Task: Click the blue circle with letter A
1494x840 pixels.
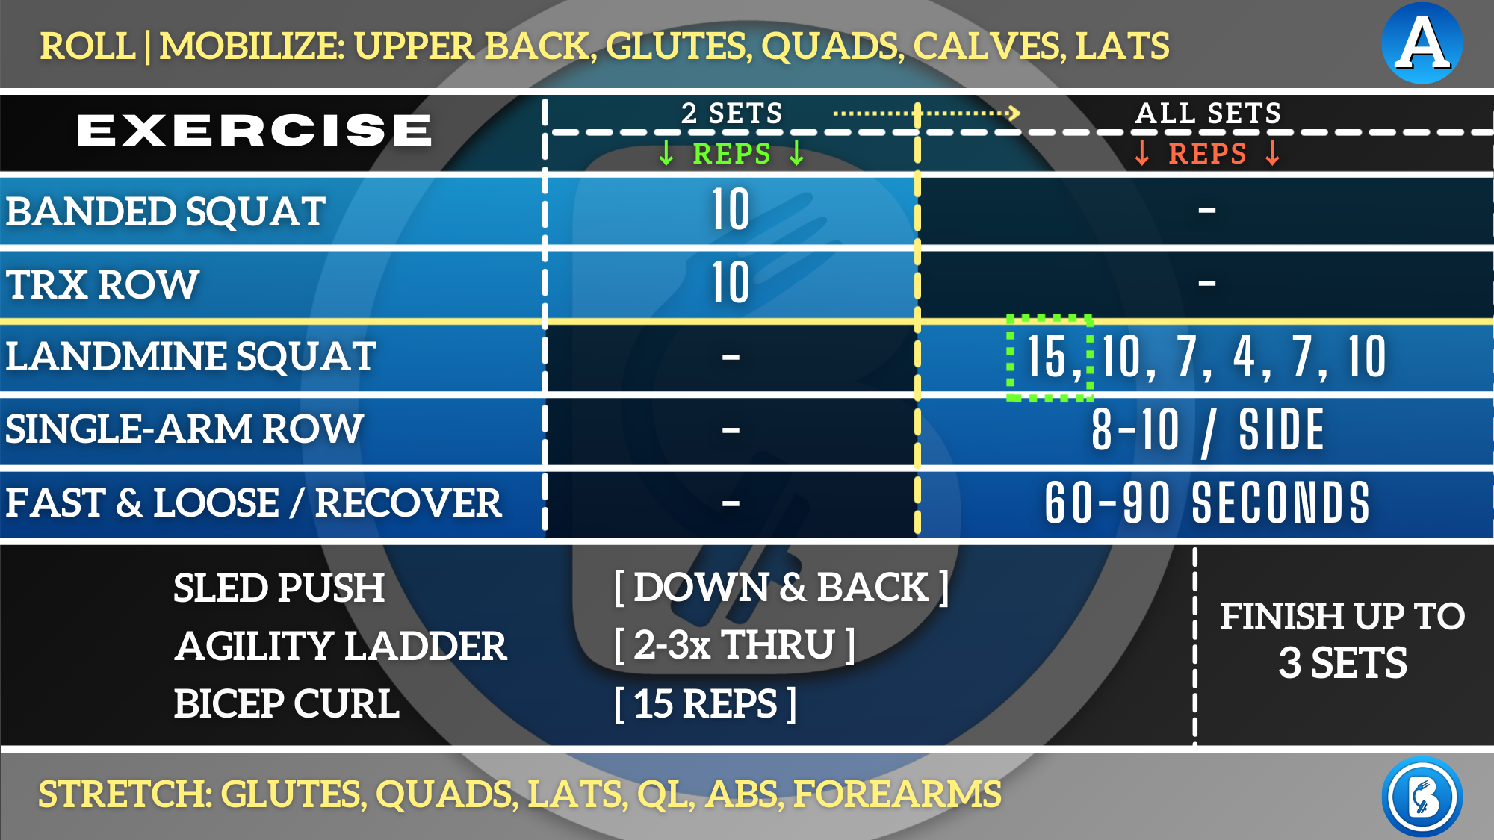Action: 1422,43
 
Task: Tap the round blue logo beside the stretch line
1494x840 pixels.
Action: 1422,797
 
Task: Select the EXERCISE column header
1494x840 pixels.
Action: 254,130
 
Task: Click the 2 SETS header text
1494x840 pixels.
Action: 731,113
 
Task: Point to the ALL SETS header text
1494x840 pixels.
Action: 1208,113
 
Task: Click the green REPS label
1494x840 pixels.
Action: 731,153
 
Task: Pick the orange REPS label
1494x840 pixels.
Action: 1207,153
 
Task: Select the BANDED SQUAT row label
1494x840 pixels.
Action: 165,211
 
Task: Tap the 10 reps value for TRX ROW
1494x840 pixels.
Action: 731,282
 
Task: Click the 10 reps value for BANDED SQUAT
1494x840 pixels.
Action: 731,210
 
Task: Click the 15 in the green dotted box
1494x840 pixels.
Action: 1047,357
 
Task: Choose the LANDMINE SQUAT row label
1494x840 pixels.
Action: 190,356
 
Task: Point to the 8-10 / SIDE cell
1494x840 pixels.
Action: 1207,430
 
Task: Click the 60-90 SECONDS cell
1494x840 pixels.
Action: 1207,503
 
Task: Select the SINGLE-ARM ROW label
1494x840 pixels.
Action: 184,429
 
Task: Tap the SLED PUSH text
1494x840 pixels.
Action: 279,588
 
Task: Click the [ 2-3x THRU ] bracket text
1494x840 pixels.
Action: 734,644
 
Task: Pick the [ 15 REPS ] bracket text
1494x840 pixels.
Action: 705,703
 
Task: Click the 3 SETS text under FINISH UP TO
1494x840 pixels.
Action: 1342,663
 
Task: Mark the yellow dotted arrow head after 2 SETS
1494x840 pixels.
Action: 1013,113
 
